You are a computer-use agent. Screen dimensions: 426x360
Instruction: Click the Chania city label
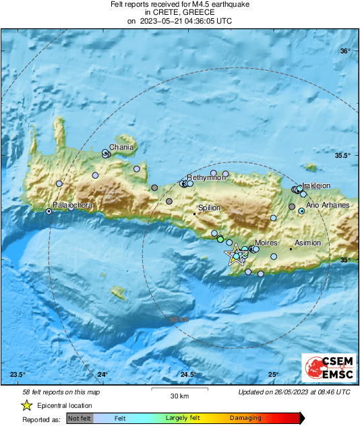[x=121, y=147]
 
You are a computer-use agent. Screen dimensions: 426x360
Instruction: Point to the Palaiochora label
[x=73, y=204]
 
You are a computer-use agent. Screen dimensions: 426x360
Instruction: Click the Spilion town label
[x=210, y=208]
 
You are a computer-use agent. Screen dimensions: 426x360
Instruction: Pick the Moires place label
[x=267, y=243]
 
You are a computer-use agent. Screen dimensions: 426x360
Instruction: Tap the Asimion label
[x=308, y=243]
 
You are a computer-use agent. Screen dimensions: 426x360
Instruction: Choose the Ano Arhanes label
[x=328, y=204]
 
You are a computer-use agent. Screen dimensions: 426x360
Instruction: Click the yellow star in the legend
[x=26, y=405]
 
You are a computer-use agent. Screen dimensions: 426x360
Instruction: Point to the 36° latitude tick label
[x=344, y=51]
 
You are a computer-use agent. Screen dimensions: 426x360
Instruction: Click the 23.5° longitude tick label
[x=18, y=375]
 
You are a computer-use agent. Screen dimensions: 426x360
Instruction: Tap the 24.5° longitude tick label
[x=187, y=375]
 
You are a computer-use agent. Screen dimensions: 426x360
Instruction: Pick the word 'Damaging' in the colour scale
[x=245, y=418]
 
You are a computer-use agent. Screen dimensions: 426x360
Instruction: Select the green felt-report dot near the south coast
[x=220, y=239]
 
